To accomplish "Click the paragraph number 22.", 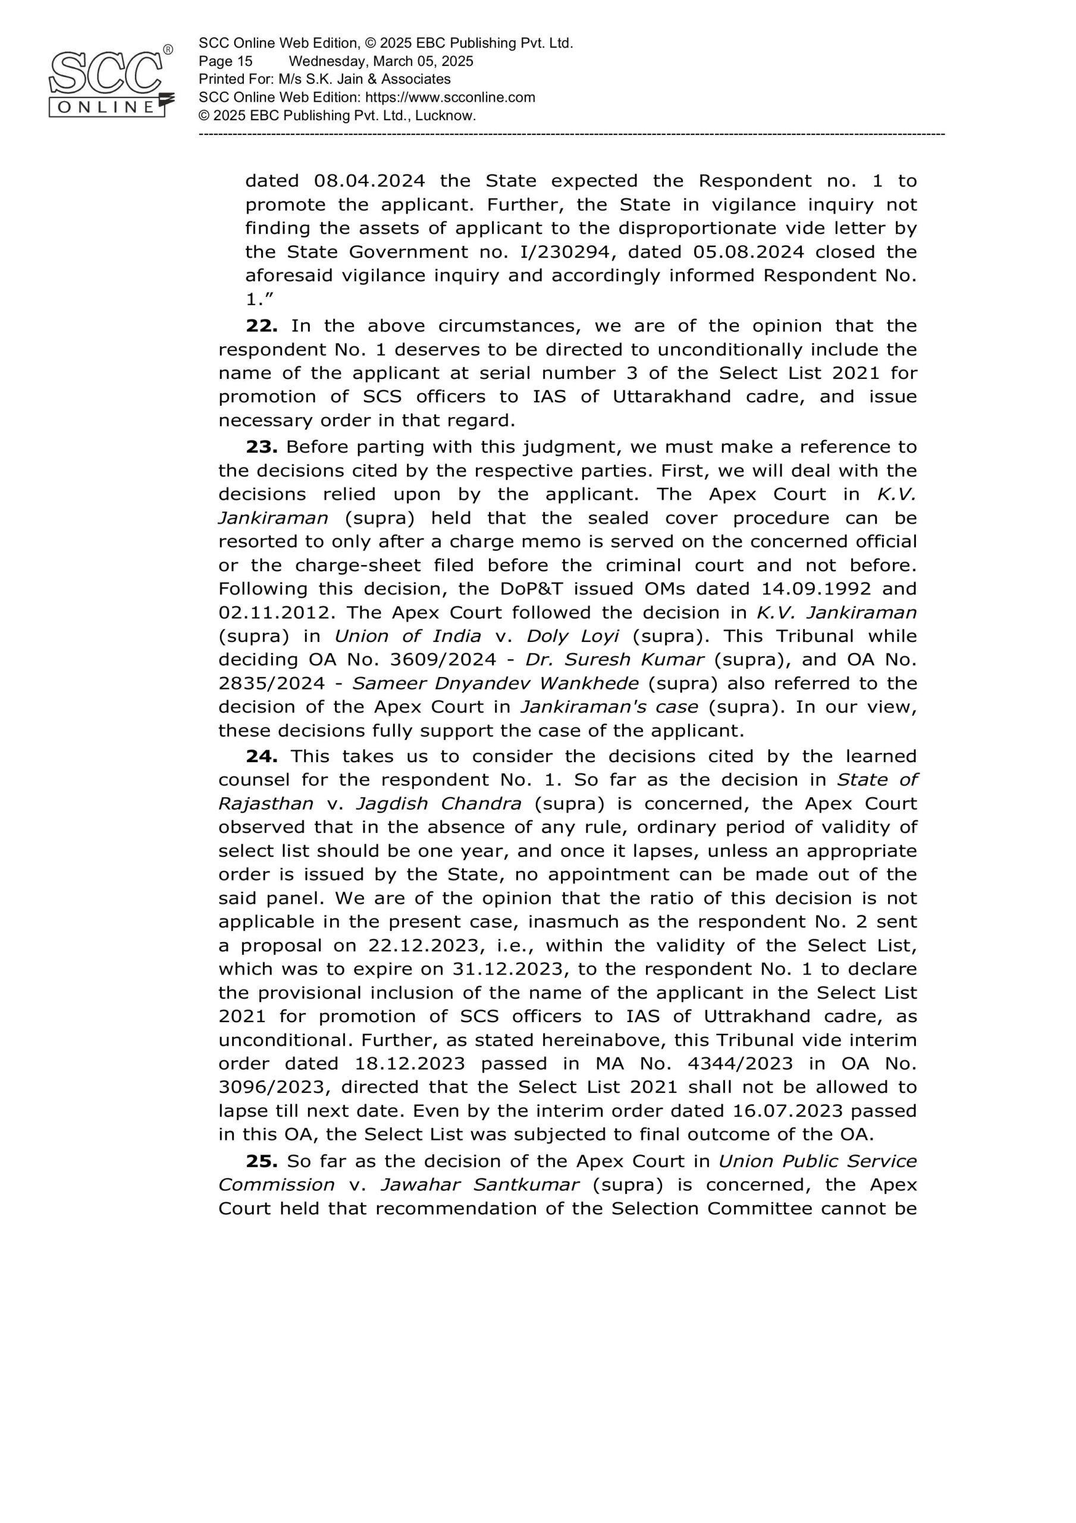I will coord(261,325).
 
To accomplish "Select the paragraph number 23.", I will coord(261,447).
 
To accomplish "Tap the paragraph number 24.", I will coord(261,756).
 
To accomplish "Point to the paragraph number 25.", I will coord(261,1161).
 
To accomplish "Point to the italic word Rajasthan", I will coord(265,804).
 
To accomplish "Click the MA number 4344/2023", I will coord(740,1063).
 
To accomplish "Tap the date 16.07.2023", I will coord(788,1111).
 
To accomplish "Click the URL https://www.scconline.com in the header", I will coord(450,98).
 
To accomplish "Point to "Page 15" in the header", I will coord(225,62).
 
